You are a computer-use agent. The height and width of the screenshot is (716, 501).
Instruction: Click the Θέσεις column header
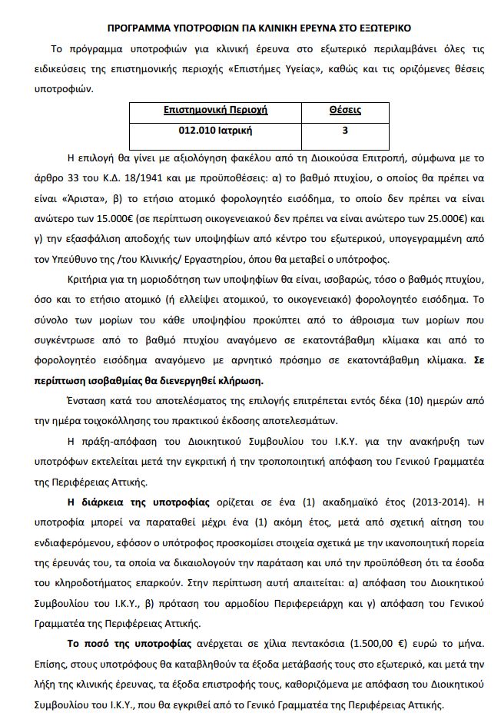click(345, 111)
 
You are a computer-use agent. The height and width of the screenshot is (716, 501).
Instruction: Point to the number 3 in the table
click(345, 131)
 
